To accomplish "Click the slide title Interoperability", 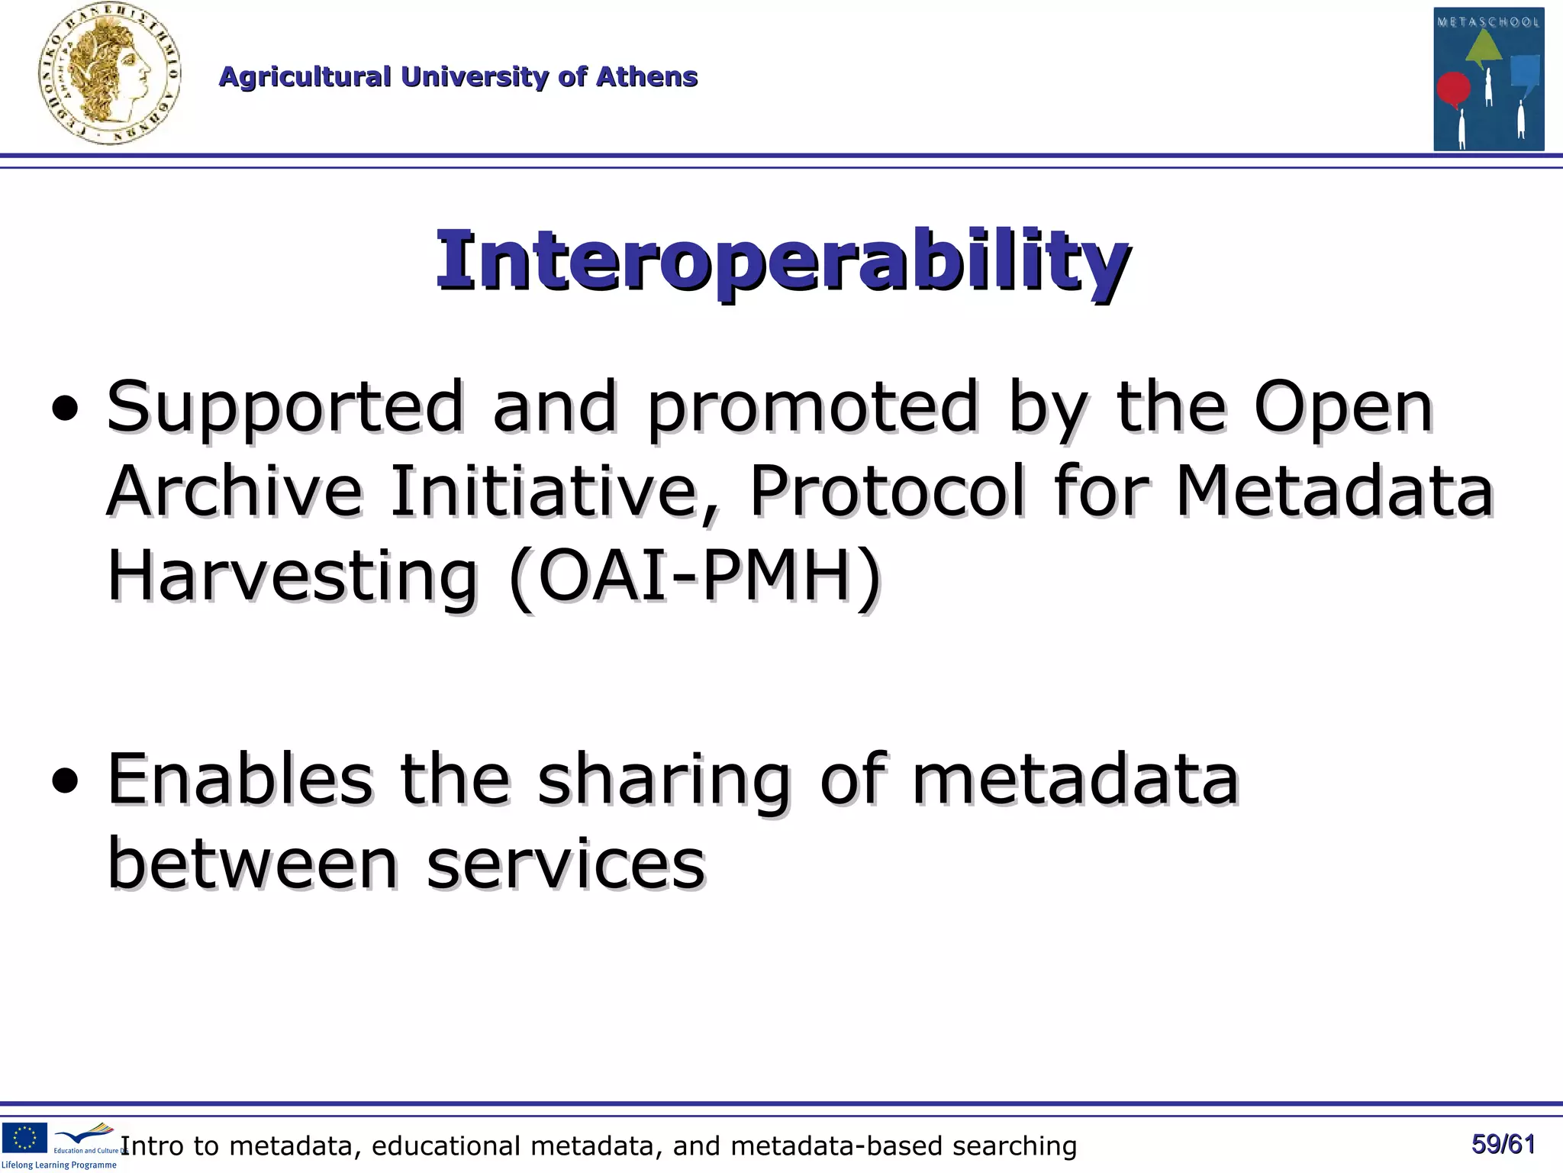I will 782,261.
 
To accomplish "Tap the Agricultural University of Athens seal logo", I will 109,74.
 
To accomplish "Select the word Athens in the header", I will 646,76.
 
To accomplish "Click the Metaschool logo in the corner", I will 1488,79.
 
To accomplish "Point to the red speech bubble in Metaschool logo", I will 1453,89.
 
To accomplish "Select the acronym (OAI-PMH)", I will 694,577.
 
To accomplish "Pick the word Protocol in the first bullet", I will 887,491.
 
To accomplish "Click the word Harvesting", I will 292,577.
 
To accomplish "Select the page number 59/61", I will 1503,1144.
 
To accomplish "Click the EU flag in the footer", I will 24,1137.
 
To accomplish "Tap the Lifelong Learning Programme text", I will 59,1165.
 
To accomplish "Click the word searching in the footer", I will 1014,1146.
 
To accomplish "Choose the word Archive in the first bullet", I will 234,491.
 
